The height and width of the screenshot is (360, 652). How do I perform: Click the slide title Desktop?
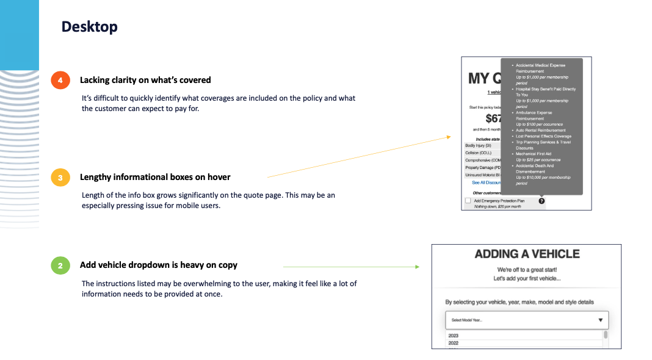[x=89, y=27]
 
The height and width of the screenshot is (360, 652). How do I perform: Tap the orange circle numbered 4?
[x=60, y=80]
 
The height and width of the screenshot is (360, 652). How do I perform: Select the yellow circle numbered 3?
[x=60, y=178]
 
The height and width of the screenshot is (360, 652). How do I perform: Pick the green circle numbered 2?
[x=60, y=265]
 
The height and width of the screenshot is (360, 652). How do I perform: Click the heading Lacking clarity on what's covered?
[x=145, y=80]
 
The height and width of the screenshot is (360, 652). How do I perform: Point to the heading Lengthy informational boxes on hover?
[x=155, y=177]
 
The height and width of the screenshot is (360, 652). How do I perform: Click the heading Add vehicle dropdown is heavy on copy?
[x=159, y=265]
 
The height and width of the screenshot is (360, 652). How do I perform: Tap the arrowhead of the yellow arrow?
[x=448, y=137]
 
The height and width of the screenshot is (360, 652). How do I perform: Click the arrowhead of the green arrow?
[x=417, y=267]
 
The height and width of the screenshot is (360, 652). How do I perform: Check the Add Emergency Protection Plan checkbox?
[x=468, y=200]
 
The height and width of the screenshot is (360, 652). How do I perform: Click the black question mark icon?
[x=542, y=201]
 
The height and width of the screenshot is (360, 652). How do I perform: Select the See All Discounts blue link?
[x=486, y=182]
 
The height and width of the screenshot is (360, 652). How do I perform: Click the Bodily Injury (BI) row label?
[x=478, y=146]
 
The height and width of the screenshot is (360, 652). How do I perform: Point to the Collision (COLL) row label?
[x=479, y=153]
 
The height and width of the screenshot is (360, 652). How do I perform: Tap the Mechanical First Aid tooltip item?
[x=534, y=154]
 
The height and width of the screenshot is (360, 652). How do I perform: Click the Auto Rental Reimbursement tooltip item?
[x=540, y=130]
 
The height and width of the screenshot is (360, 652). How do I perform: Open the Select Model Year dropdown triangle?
[x=600, y=320]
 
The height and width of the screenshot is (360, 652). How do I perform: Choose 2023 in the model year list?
[x=454, y=336]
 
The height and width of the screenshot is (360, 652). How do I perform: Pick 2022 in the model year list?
[x=454, y=343]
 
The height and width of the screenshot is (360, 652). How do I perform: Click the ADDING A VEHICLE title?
[x=527, y=254]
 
